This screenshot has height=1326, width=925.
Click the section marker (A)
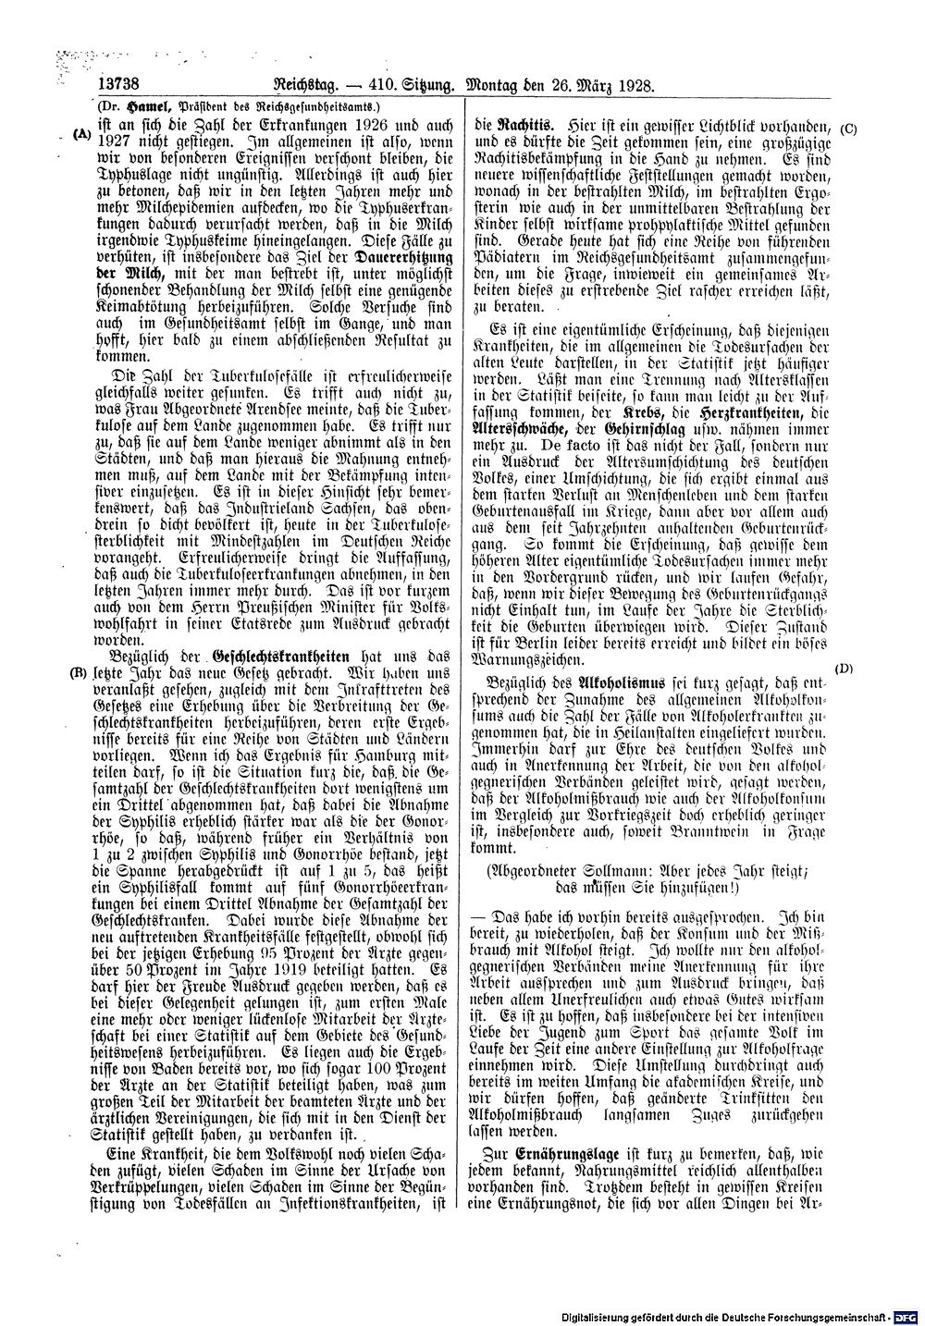point(82,134)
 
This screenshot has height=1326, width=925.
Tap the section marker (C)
point(849,128)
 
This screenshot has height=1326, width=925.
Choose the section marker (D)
point(843,668)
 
